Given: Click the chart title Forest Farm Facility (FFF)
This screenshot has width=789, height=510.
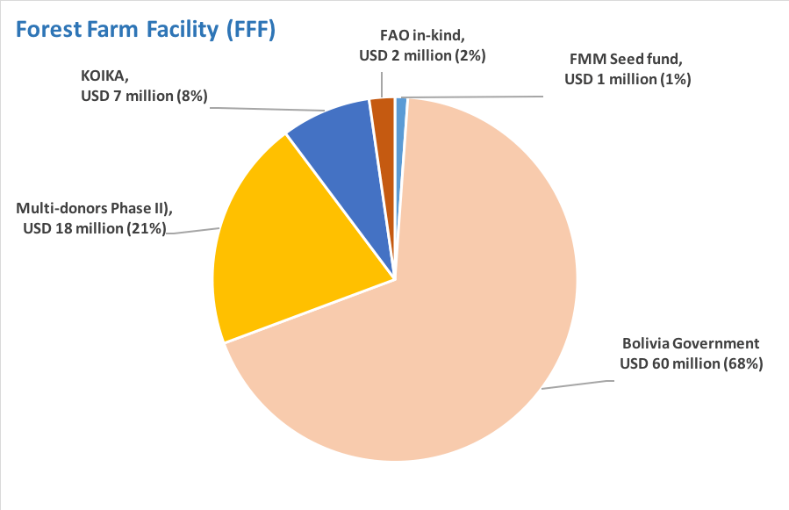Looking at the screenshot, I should pyautogui.click(x=146, y=29).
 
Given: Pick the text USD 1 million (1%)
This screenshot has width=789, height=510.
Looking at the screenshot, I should pyautogui.click(x=628, y=80).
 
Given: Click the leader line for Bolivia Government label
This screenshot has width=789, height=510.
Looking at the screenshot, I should pyautogui.click(x=576, y=384).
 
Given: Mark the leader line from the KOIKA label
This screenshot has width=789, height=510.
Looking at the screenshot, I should pyautogui.click(x=255, y=109).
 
